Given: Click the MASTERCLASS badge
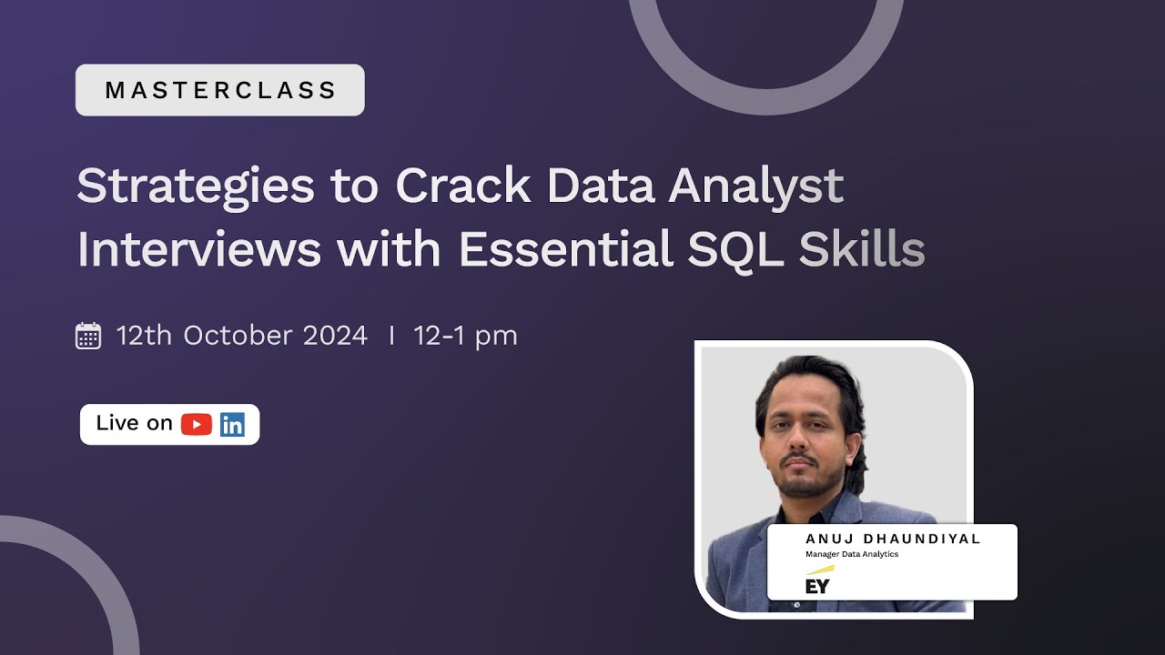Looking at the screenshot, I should pyautogui.click(x=220, y=90).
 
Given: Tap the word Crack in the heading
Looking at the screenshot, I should pyautogui.click(x=464, y=186).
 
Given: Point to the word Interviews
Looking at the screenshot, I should pyautogui.click(x=199, y=249).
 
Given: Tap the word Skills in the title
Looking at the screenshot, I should pyautogui.click(x=862, y=249).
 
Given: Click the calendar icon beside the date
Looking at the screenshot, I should pyautogui.click(x=88, y=336).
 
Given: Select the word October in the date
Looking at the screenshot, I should pyautogui.click(x=238, y=336).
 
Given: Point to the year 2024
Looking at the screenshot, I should pyautogui.click(x=334, y=336).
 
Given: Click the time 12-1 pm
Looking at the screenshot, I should pyautogui.click(x=465, y=336).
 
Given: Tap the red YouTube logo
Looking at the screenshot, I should pyautogui.click(x=197, y=425).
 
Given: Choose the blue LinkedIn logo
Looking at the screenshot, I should pyautogui.click(x=232, y=425).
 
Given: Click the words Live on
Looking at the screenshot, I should pyautogui.click(x=134, y=424).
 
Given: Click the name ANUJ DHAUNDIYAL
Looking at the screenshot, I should pyautogui.click(x=893, y=539).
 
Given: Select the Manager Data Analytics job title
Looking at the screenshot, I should pyautogui.click(x=852, y=554).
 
